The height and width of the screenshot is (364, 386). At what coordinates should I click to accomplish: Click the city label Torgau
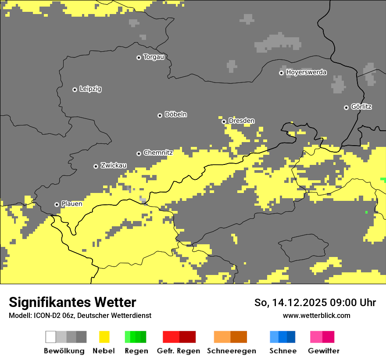[154, 57]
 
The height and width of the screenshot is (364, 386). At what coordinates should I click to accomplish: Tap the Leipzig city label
[90, 89]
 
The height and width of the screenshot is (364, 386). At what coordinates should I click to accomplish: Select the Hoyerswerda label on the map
[306, 72]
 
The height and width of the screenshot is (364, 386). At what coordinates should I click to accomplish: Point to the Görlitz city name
[361, 107]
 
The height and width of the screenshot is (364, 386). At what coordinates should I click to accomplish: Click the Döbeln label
[175, 114]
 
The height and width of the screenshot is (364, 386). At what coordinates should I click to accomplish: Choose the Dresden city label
[241, 121]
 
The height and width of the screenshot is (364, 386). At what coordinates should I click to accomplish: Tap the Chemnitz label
[158, 153]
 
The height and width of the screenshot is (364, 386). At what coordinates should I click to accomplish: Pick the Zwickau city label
[114, 165]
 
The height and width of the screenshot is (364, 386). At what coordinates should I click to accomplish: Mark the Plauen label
[71, 204]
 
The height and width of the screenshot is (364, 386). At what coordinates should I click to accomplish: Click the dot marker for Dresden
[224, 121]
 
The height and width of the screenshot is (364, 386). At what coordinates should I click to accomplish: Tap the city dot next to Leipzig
[75, 89]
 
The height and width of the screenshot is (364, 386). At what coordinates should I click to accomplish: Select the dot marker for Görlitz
[346, 107]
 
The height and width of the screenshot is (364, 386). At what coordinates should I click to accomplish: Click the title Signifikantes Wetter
[72, 303]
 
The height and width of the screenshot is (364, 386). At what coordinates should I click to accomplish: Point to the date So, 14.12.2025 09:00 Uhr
[315, 303]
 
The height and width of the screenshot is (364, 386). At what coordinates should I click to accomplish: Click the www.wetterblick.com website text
[316, 315]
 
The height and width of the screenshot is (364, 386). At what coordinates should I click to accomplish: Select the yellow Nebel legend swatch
[104, 337]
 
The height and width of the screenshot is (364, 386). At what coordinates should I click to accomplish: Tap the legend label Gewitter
[323, 351]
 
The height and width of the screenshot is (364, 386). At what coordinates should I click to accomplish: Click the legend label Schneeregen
[231, 351]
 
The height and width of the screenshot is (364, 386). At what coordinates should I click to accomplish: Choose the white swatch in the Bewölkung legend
[51, 337]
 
